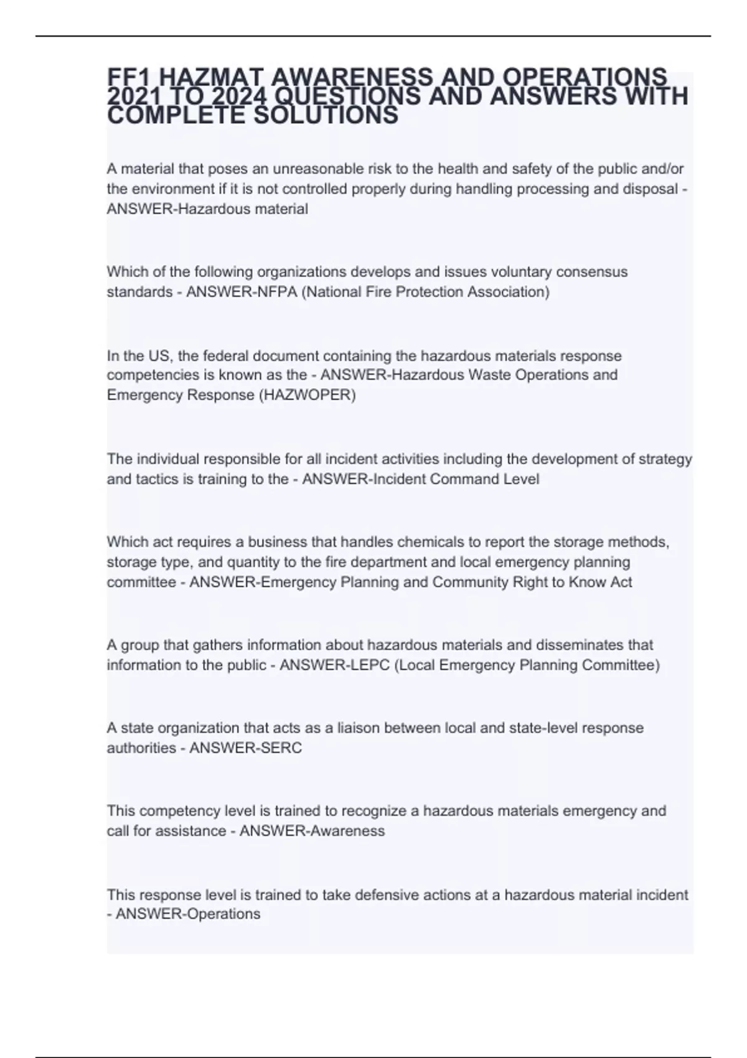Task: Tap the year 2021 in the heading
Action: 129,97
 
